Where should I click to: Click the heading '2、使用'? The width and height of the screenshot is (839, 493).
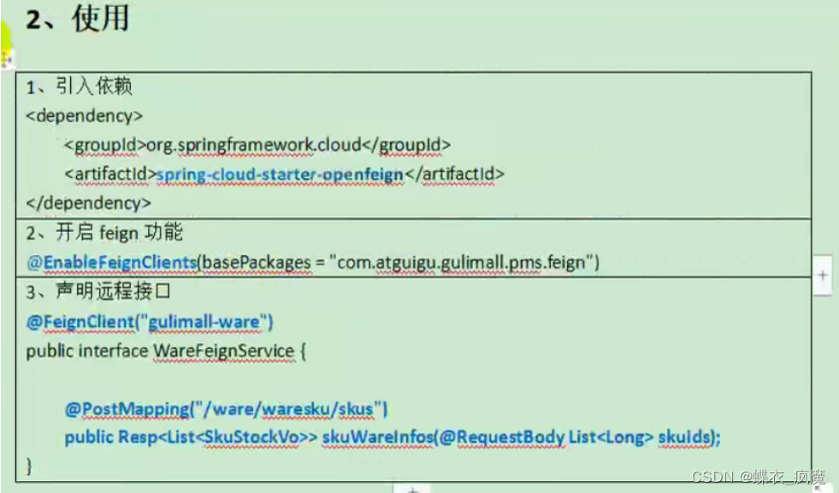coord(77,19)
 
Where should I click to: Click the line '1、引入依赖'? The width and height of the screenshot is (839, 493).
coord(80,86)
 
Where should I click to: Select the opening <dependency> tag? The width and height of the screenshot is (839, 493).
coord(85,115)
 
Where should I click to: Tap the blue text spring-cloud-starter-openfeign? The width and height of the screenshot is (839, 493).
coord(280,174)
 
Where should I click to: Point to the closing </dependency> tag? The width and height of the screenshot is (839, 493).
coord(89,203)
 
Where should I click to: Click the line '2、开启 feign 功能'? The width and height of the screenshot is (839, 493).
coord(104,233)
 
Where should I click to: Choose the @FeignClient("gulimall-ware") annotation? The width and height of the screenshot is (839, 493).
coord(150,322)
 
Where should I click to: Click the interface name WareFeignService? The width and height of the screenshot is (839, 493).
coord(223,351)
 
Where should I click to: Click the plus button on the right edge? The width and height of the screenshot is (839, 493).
coord(822,276)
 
